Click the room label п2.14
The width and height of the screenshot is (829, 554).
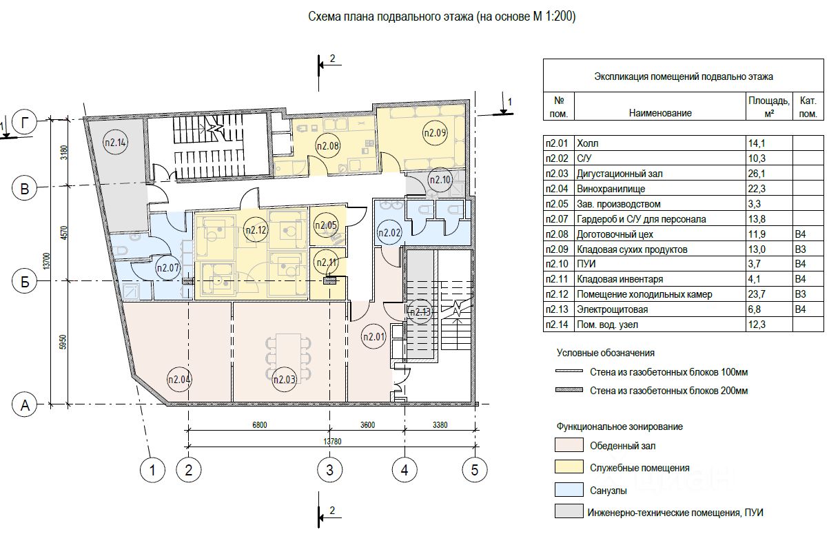[x=116, y=143]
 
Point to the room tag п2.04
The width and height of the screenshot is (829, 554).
[x=179, y=378]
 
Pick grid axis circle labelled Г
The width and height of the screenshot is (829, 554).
[x=25, y=123]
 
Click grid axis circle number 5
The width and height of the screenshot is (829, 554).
[x=474, y=471]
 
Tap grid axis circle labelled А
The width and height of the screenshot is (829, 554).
[x=25, y=404]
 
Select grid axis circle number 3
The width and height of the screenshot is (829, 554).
[x=329, y=471]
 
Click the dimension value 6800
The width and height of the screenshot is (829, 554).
[x=255, y=424]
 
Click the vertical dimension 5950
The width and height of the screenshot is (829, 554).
[x=63, y=342]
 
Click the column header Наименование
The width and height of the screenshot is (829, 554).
[x=659, y=112]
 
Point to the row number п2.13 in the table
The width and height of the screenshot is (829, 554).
[x=557, y=309]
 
